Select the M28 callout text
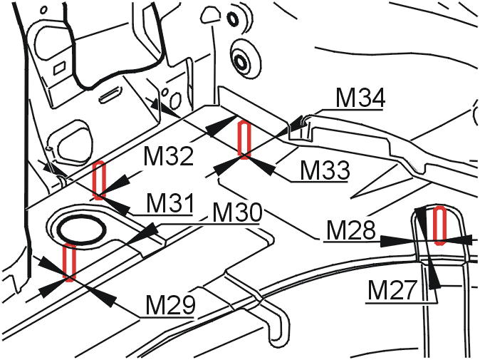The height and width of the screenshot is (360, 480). pyautogui.click(x=350, y=230)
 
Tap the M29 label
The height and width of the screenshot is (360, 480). pyautogui.click(x=170, y=305)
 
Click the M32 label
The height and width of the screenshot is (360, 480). pyautogui.click(x=168, y=157)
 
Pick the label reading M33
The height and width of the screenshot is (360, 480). pyautogui.click(x=324, y=170)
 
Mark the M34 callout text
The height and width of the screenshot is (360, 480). pyautogui.click(x=360, y=99)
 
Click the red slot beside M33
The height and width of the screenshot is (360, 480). pyautogui.click(x=244, y=138)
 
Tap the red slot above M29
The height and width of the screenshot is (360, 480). pyautogui.click(x=69, y=262)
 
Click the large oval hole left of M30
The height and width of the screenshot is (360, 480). pyautogui.click(x=80, y=229)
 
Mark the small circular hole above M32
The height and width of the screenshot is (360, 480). pyautogui.click(x=168, y=93)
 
